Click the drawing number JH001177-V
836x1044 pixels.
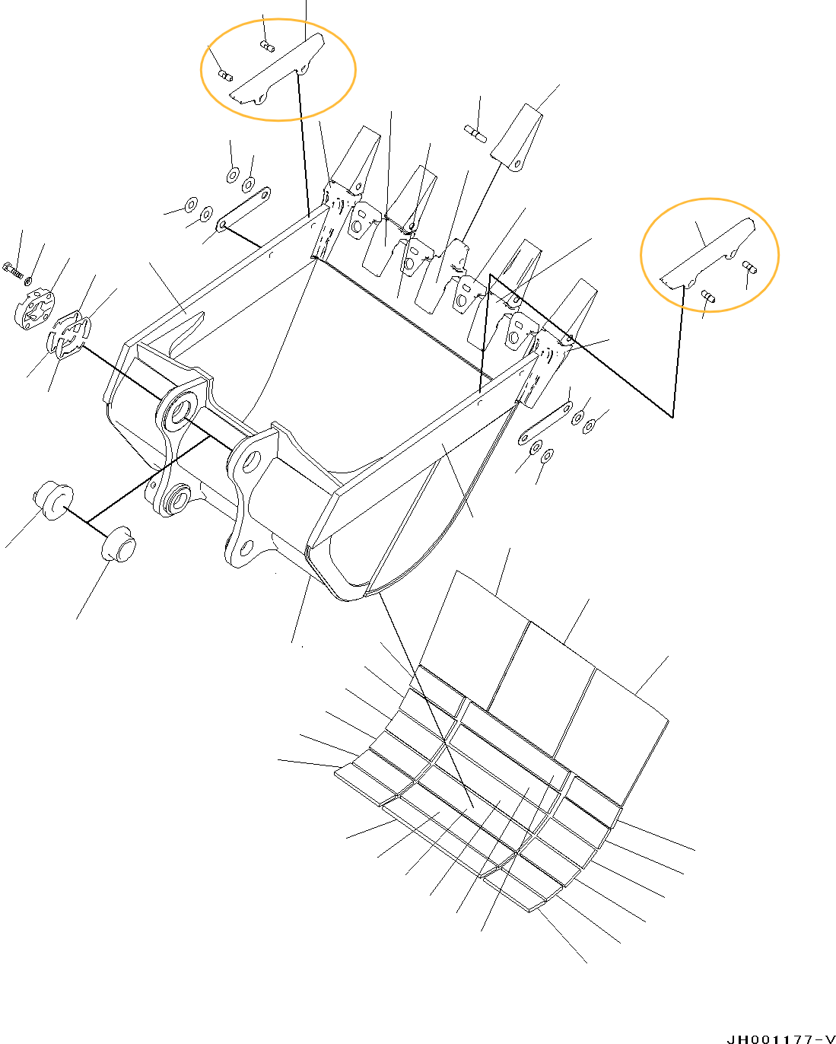[780, 1038]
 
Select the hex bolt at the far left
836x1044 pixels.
[13, 269]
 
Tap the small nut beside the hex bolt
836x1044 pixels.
[28, 280]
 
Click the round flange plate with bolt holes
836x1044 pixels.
[34, 309]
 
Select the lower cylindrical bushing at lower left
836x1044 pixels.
[119, 543]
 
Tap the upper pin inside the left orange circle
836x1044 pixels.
[267, 46]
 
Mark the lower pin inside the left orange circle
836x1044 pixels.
[225, 75]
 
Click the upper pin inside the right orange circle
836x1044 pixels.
[749, 267]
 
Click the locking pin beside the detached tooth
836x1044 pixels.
[475, 134]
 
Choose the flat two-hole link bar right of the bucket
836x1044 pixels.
[545, 423]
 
